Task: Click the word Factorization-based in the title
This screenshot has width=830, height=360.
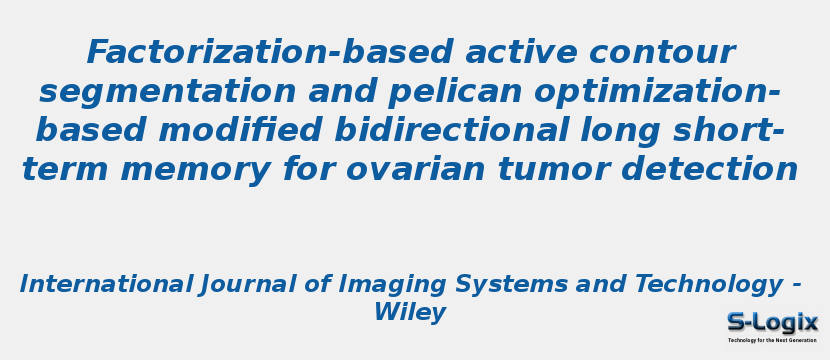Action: [269, 52]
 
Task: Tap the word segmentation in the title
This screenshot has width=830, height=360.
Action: [167, 93]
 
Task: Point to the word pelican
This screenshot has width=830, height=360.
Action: [455, 93]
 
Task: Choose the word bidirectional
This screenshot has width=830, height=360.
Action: [451, 131]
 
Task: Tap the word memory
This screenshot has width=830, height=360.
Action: [195, 170]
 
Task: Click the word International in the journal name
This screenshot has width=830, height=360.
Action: [106, 284]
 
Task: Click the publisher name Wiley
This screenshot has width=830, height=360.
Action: [410, 313]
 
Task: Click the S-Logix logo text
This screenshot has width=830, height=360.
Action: [772, 322]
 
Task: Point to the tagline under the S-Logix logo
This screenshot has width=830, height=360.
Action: [772, 340]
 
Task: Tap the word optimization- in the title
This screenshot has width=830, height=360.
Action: [657, 93]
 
